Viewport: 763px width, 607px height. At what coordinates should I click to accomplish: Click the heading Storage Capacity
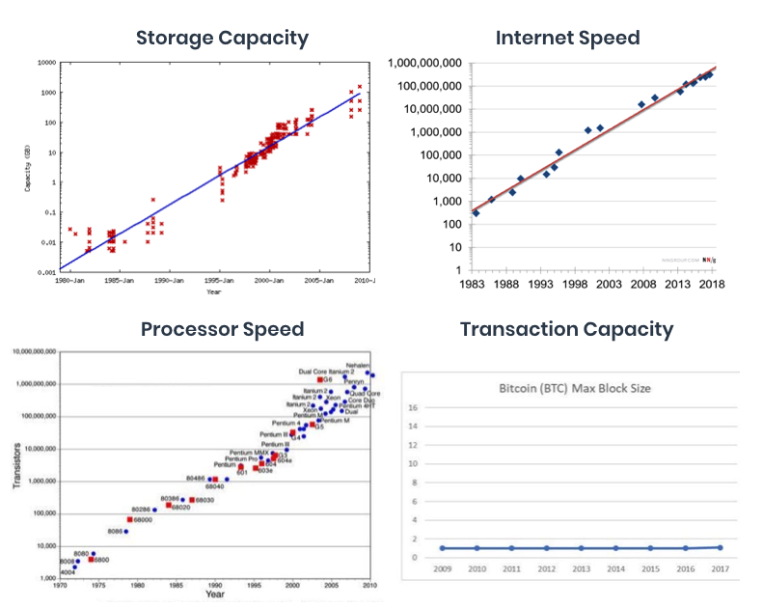222,39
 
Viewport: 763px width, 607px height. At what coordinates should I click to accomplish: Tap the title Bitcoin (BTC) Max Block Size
574,389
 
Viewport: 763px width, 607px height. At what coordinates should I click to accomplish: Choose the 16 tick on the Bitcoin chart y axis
413,408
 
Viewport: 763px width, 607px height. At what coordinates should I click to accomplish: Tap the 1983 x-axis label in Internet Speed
472,285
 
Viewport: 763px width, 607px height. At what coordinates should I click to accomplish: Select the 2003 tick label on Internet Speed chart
603,285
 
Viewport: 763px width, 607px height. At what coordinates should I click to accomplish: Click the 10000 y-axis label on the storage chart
45,63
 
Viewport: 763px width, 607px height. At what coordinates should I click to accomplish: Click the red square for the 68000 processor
129,519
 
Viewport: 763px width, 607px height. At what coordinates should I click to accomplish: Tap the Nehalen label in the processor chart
357,366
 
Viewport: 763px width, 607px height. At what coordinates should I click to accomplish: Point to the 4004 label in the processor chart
68,572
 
